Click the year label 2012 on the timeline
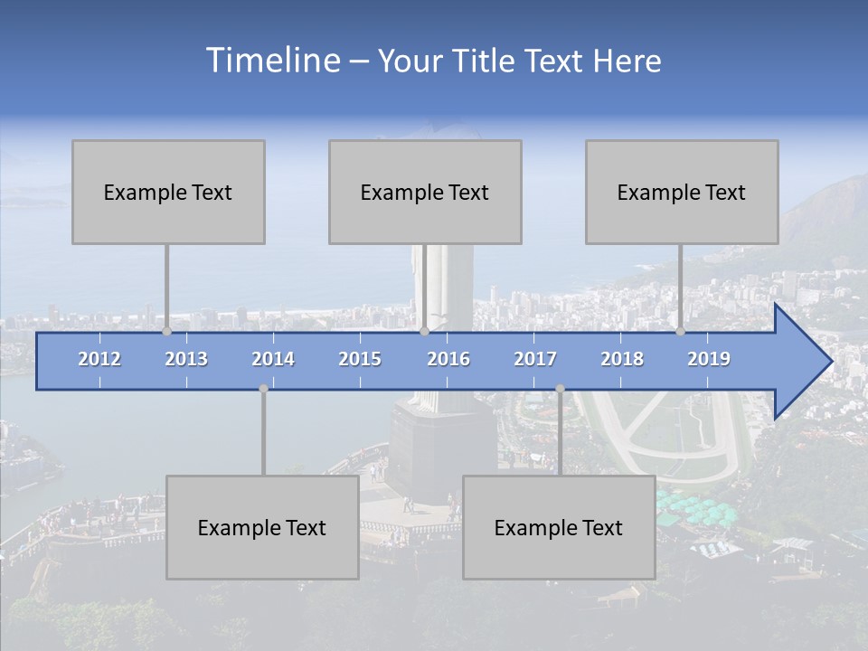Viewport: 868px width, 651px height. (99, 359)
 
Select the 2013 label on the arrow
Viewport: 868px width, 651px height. (186, 359)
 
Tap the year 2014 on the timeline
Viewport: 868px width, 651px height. (273, 359)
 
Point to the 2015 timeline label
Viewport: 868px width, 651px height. (360, 359)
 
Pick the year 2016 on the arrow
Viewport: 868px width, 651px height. (448, 359)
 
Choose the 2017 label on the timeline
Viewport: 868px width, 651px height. (535, 359)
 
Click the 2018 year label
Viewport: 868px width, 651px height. (622, 359)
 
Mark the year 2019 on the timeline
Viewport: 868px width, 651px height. (709, 359)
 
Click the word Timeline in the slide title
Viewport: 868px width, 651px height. (272, 60)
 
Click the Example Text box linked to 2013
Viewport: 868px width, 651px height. (168, 192)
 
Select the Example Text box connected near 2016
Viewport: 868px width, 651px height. (425, 192)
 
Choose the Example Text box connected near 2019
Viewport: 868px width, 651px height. (682, 192)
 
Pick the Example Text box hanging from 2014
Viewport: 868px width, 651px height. (262, 527)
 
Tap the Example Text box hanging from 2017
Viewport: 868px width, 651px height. (559, 527)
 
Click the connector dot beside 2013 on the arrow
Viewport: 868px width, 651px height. (167, 332)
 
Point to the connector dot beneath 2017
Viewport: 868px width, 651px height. (560, 389)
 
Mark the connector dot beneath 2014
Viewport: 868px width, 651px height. (263, 389)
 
